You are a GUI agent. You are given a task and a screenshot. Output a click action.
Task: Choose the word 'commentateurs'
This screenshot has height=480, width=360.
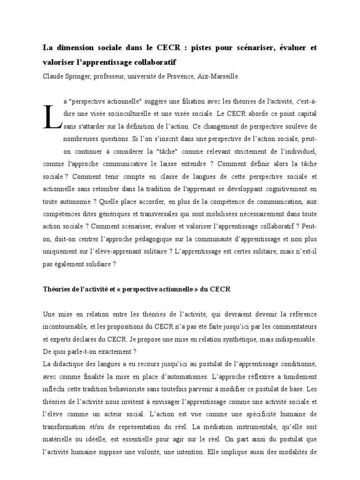tap(291, 326)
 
